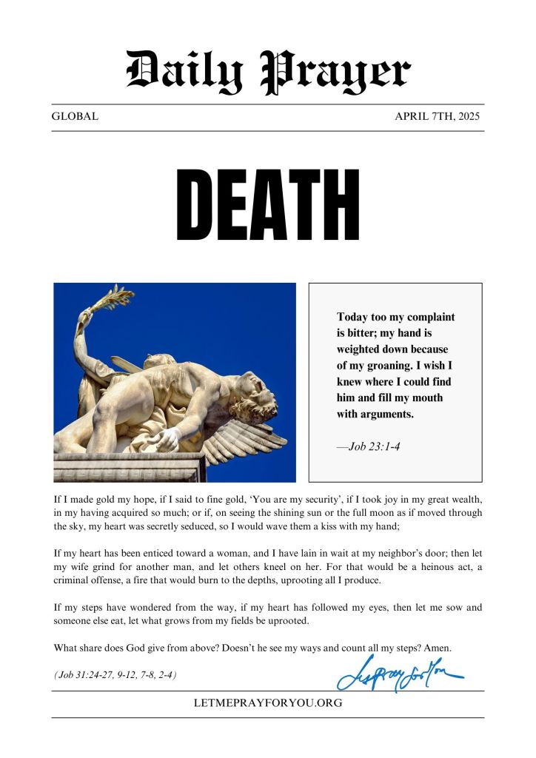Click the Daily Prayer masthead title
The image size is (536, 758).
click(x=268, y=71)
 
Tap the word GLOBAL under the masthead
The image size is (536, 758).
click(x=75, y=117)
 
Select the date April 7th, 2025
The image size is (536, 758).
click(x=438, y=117)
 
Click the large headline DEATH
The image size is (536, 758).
click(x=268, y=204)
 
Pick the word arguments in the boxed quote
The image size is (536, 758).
click(x=385, y=414)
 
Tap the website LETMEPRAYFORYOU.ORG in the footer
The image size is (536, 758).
click(x=268, y=702)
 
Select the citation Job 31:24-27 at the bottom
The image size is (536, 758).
click(x=115, y=675)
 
